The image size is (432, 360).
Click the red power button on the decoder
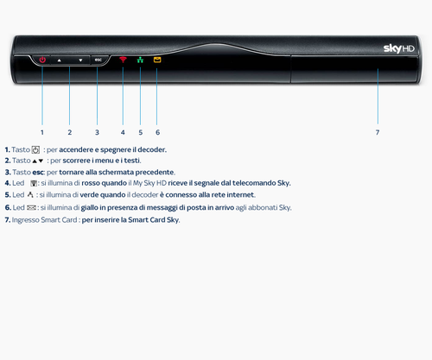[42, 60]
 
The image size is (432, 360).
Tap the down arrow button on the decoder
[80, 60]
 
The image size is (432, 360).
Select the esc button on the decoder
[98, 60]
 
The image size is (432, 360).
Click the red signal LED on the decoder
[123, 60]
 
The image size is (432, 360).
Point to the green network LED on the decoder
[140, 60]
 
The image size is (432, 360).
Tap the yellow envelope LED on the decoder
[157, 60]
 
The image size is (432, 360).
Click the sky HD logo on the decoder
[399, 48]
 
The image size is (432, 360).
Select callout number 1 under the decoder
[42, 132]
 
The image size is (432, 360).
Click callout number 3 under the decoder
[97, 132]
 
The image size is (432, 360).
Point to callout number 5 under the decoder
[141, 132]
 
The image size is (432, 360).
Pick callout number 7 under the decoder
[378, 132]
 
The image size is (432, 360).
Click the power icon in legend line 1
[35, 149]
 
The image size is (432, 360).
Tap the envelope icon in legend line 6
[31, 207]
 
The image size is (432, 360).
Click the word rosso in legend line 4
[91, 183]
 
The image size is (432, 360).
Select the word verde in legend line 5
[89, 195]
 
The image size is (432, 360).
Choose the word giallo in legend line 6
[89, 208]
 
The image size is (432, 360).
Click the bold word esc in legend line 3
[38, 173]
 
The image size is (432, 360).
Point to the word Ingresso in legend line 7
[25, 220]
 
